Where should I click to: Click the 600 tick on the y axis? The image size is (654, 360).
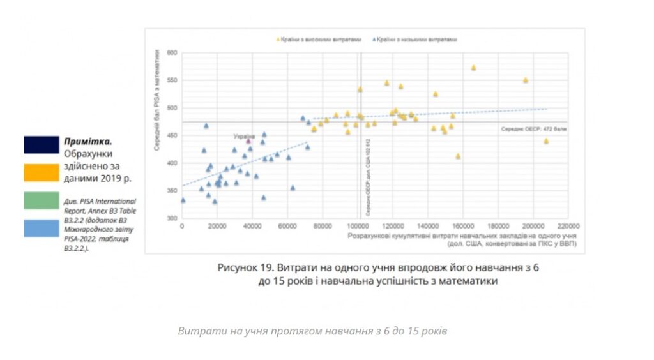(171, 53)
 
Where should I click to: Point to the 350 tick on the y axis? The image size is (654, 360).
(171, 191)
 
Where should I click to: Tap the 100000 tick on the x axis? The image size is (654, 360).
(358, 225)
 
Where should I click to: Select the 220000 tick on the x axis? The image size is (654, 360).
(568, 225)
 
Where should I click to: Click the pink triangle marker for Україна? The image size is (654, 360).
(248, 141)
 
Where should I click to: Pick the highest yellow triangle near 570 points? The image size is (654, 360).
(473, 68)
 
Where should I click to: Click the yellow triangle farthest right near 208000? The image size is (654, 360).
(546, 141)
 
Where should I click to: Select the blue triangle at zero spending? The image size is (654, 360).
(183, 200)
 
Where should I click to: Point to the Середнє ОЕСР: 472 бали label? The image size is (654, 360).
(536, 128)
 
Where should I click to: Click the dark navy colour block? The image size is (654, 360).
(42, 145)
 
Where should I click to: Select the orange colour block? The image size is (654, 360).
(42, 173)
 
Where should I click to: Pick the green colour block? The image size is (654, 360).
(42, 200)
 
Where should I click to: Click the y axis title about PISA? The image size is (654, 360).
(156, 102)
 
